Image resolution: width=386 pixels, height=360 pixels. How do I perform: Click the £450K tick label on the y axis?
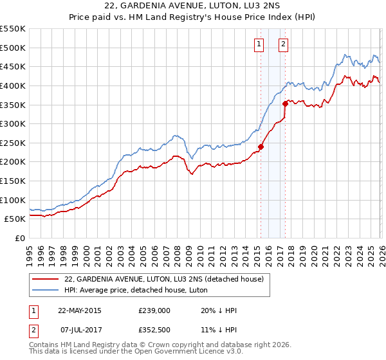click(13, 67)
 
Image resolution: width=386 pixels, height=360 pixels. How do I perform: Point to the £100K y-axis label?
click(13, 200)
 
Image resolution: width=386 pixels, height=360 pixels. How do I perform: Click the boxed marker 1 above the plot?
click(259, 44)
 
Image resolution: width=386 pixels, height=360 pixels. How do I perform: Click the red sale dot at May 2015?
click(261, 147)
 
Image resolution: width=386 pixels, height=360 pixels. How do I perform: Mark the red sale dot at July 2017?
click(285, 103)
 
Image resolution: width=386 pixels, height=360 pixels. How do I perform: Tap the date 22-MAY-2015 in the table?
click(79, 310)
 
